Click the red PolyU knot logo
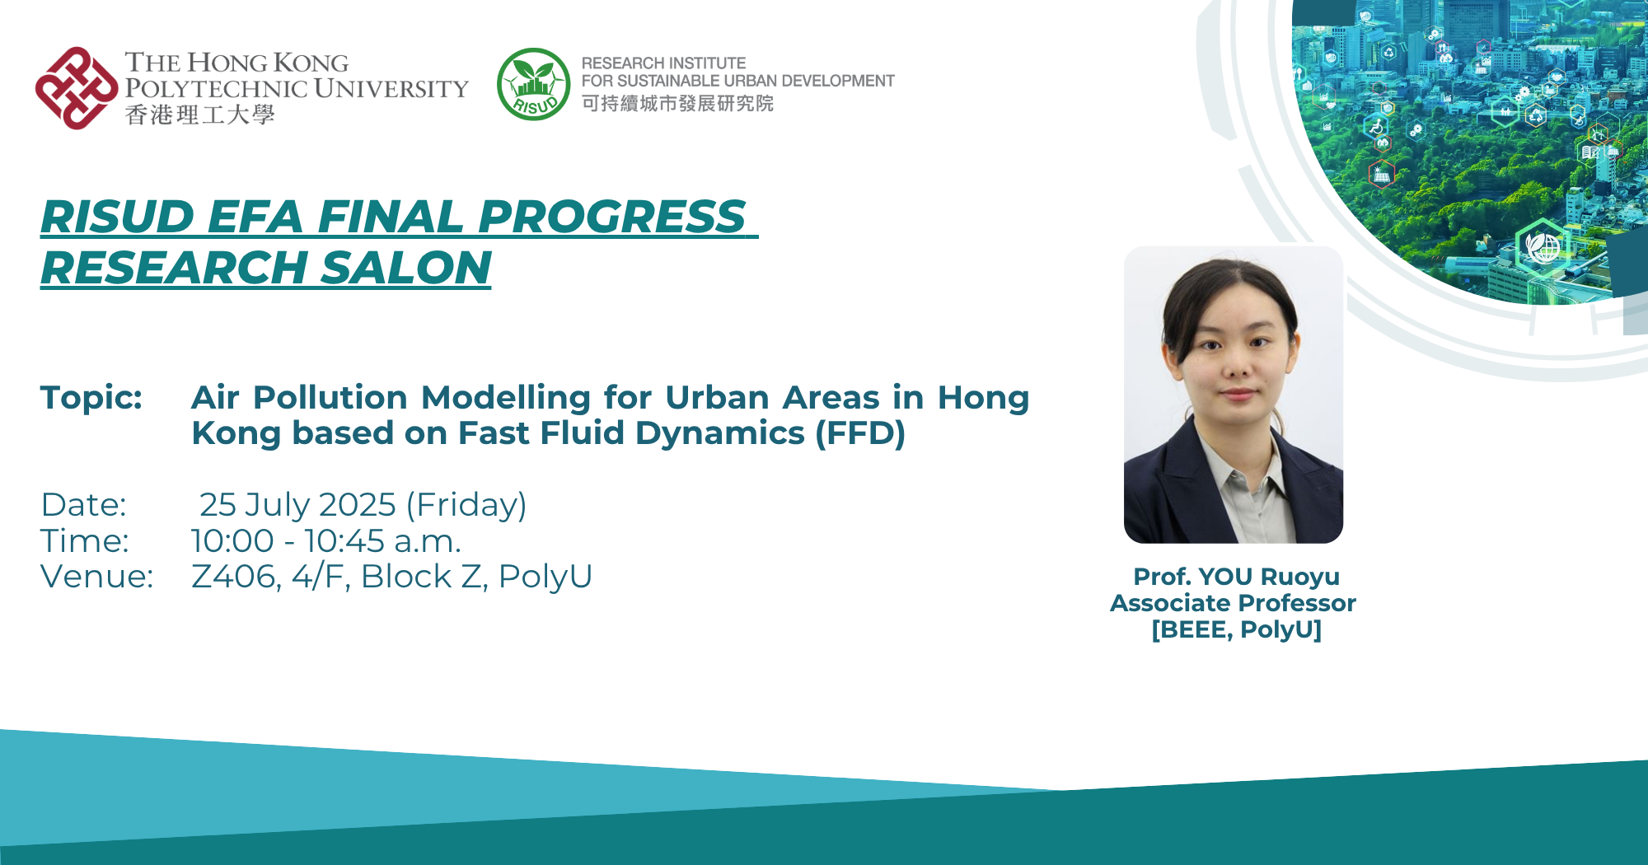click(x=76, y=88)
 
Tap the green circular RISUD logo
click(x=534, y=84)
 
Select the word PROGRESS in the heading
click(x=611, y=217)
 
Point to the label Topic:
click(x=91, y=398)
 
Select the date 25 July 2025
click(x=297, y=505)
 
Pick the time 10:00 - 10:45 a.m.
click(x=326, y=541)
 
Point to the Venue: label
click(x=96, y=577)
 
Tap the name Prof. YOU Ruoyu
click(x=1236, y=577)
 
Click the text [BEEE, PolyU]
click(x=1236, y=629)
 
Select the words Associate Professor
click(x=1233, y=603)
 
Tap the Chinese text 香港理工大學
click(x=199, y=115)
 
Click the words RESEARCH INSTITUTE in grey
click(x=663, y=63)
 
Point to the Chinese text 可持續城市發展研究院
click(x=677, y=104)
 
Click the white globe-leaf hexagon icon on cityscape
click(x=1542, y=245)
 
